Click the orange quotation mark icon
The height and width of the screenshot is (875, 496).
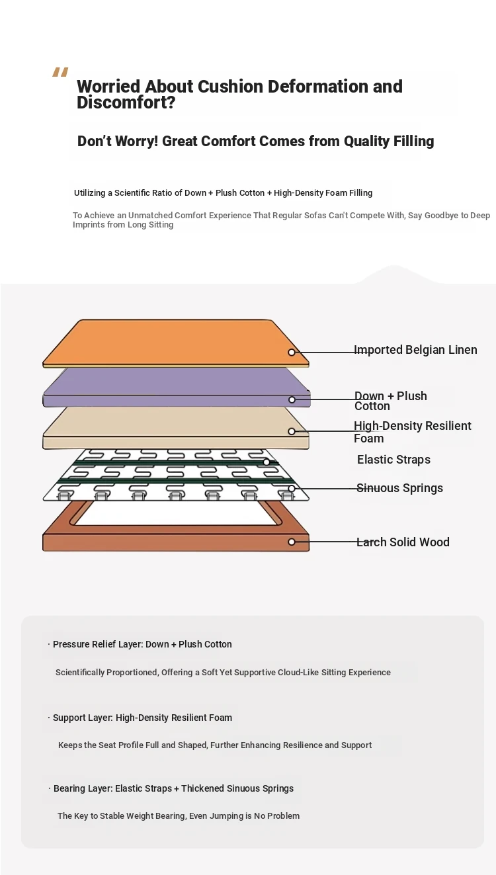click(x=61, y=72)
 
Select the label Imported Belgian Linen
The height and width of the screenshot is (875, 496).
click(x=415, y=350)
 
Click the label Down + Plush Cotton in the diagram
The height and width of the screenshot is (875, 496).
click(x=391, y=401)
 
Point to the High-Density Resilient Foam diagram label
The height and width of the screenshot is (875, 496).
click(x=413, y=432)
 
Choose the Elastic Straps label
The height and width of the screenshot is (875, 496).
click(x=393, y=460)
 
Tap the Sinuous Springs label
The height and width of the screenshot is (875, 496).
click(x=400, y=488)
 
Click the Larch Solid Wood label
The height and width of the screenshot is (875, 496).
click(x=403, y=542)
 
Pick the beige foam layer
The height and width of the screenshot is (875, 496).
click(x=176, y=428)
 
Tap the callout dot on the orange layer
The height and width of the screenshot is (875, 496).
click(x=292, y=353)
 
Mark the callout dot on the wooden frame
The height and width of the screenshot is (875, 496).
click(x=292, y=542)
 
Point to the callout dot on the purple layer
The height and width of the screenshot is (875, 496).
click(x=292, y=399)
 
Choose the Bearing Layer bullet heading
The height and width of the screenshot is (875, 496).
click(x=171, y=788)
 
